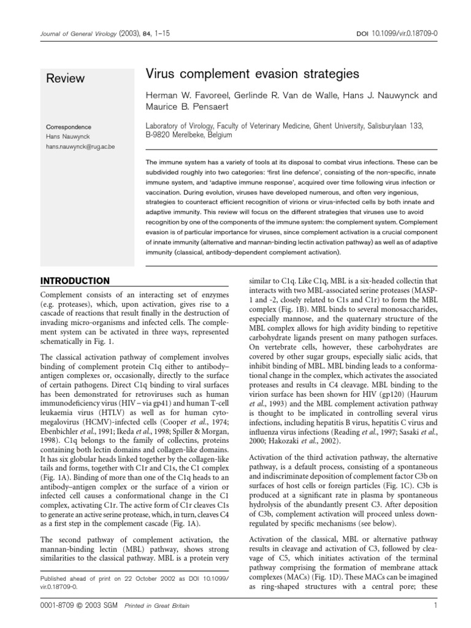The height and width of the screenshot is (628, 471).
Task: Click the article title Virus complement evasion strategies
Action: pos(251,75)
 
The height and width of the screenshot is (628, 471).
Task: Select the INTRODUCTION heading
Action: pos(75,281)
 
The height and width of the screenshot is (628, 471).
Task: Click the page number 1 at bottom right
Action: pos(434,607)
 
